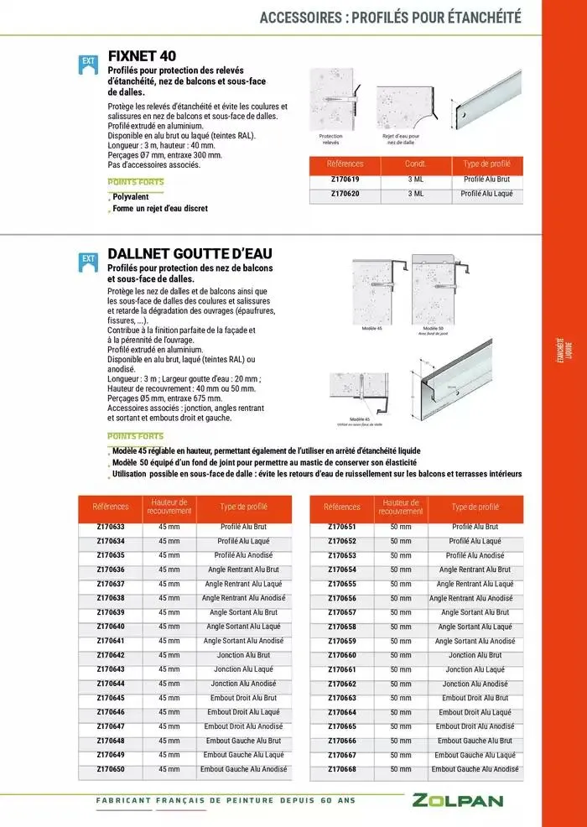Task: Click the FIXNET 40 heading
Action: click(x=142, y=56)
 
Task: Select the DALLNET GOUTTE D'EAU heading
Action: click(x=190, y=253)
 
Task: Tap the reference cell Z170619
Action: click(x=345, y=179)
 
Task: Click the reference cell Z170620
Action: click(x=345, y=194)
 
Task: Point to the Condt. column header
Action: click(x=415, y=164)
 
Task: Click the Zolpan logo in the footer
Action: click(x=457, y=800)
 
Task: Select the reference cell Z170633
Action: click(x=111, y=527)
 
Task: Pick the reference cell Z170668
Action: click(x=342, y=769)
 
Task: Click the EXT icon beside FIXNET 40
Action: click(x=87, y=63)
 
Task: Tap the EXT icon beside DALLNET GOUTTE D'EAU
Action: click(x=87, y=261)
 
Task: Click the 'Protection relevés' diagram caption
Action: click(x=331, y=139)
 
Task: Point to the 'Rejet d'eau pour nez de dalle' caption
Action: click(x=401, y=139)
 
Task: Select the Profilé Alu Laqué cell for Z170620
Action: click(x=486, y=194)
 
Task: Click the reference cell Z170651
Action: click(x=342, y=527)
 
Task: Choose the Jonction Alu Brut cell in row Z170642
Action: click(x=242, y=655)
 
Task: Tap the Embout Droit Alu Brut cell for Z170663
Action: click(x=475, y=698)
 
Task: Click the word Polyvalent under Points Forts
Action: click(x=131, y=197)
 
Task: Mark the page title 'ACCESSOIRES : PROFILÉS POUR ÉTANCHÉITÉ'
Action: click(x=390, y=17)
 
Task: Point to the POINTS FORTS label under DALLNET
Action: click(x=136, y=436)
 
